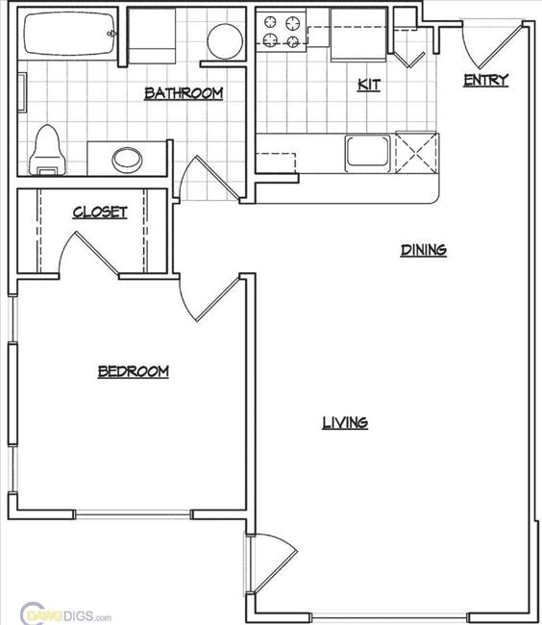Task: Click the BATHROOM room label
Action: [x=184, y=93]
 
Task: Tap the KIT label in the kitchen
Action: [x=368, y=85]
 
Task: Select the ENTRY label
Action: [x=485, y=80]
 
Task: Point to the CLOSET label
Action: [x=100, y=212]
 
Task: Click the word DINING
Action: [x=423, y=250]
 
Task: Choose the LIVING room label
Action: [x=344, y=422]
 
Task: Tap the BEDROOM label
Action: [x=134, y=371]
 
